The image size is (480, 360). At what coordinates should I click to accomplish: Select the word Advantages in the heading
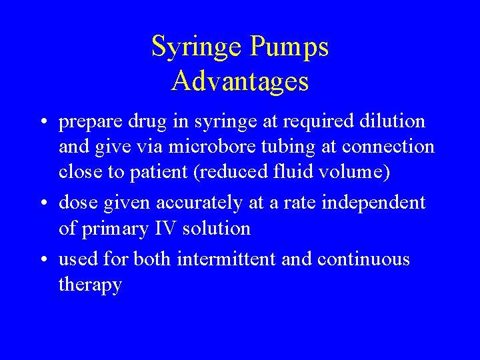pos(240,81)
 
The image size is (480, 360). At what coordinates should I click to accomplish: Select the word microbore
pos(215,147)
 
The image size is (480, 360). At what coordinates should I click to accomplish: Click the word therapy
pos(90,285)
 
